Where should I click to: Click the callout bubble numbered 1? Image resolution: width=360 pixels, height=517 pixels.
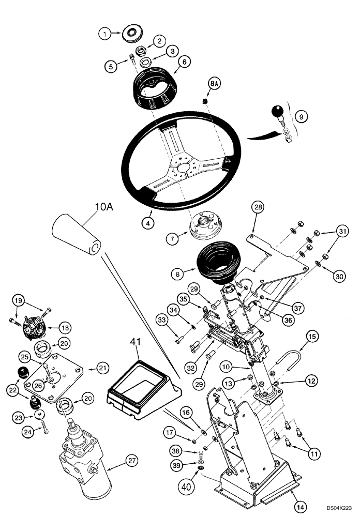coord(105,35)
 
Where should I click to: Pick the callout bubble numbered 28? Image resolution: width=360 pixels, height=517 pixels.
coord(259,208)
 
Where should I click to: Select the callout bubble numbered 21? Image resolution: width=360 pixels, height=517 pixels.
coord(103,368)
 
